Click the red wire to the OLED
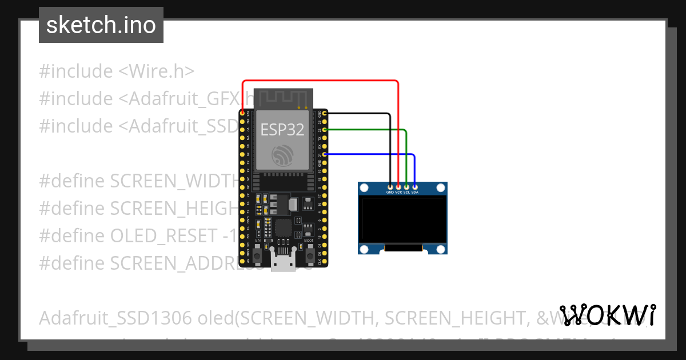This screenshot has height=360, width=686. tap(320, 81)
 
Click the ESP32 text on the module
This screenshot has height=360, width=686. tap(282, 130)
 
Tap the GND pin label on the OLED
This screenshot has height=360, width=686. tap(390, 193)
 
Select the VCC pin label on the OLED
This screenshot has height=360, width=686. tap(398, 193)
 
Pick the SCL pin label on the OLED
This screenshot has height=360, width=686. tap(406, 193)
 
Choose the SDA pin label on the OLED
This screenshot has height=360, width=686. tap(415, 193)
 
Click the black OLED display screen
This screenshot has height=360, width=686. tap(402, 219)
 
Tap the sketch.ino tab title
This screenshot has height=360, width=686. tap(101, 25)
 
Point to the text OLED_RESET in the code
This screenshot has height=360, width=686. tap(162, 235)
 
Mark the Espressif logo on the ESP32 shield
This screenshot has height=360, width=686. tap(282, 155)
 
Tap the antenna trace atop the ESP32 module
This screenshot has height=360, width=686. tap(282, 97)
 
